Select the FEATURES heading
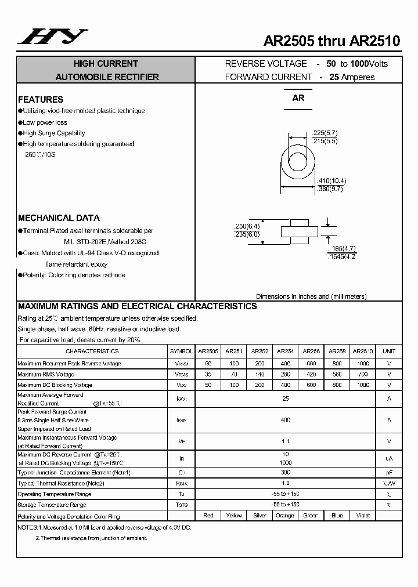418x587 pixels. [41, 99]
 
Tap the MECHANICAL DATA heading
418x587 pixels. [59, 218]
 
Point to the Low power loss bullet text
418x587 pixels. [45, 122]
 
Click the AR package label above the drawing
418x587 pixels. [298, 98]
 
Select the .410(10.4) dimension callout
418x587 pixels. [332, 180]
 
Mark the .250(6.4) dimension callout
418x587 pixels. [247, 226]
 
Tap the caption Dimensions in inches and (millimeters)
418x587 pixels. [311, 296]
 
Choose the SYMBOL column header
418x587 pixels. [181, 352]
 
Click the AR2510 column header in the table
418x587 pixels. [363, 352]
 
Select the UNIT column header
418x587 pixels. [389, 352]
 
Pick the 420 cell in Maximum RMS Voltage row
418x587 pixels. [311, 375]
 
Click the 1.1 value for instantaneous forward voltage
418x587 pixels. [285, 441]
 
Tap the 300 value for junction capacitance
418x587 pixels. [285, 473]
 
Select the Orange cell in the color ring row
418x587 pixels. [285, 516]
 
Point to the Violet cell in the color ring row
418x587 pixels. [363, 516]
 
